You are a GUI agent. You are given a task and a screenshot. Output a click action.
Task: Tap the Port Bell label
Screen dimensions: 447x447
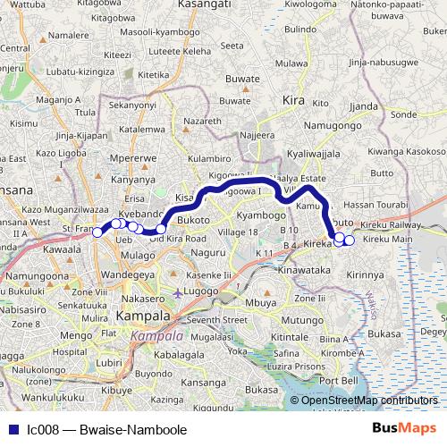339,380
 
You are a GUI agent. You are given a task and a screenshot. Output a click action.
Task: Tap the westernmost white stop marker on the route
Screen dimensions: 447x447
97,232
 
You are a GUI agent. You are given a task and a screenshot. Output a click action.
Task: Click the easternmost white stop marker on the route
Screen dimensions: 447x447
350,240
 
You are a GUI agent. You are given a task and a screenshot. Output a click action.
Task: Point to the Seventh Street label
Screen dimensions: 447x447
215,319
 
